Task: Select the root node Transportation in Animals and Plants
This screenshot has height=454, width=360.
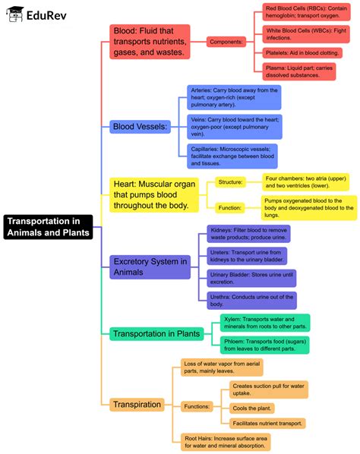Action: coord(49,226)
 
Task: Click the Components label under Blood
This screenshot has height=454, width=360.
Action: coord(226,41)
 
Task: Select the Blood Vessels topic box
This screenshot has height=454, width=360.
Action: coord(140,127)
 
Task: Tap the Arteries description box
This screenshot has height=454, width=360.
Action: coord(234,97)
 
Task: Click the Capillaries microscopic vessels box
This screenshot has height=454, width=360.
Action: coord(234,155)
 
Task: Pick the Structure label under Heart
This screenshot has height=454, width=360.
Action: coord(230,182)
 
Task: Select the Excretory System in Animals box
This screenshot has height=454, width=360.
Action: coord(150,266)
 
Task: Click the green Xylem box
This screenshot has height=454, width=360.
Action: coord(265,322)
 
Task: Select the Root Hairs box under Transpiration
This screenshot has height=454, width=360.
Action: coord(226,442)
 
